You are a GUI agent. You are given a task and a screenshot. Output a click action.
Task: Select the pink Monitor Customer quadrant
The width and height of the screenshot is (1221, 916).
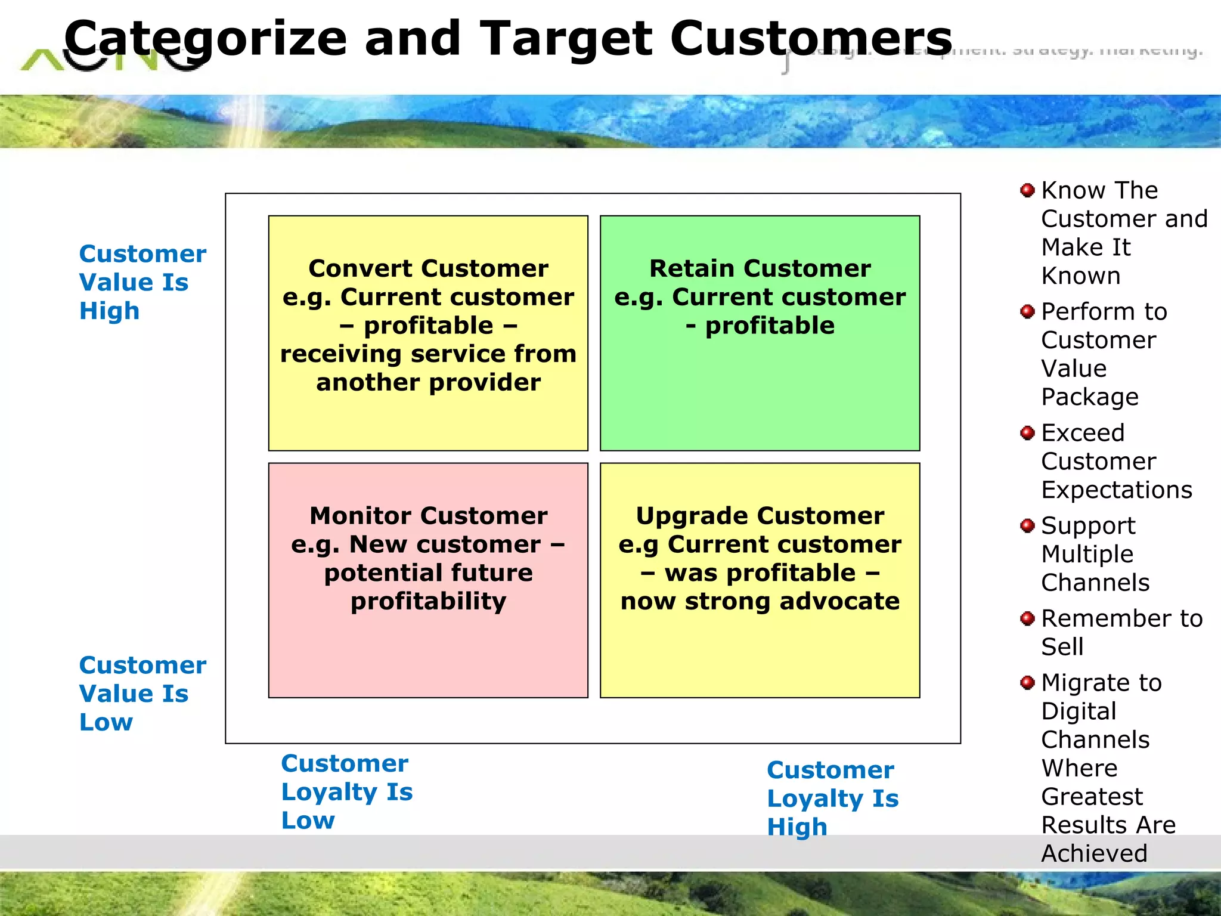point(428,650)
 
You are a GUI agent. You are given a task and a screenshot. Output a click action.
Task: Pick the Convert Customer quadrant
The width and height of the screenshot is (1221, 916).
point(428,417)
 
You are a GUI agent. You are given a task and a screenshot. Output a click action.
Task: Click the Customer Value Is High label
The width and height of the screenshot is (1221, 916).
point(142,282)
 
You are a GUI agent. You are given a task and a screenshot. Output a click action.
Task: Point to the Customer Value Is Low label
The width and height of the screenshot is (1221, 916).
point(142,694)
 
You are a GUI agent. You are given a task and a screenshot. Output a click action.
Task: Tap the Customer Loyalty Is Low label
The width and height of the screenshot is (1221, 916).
point(346,791)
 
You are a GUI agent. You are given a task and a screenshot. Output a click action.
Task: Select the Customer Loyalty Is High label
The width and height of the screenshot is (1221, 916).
point(832,798)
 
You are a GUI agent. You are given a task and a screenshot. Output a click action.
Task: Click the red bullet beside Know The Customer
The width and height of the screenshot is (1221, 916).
point(1027,190)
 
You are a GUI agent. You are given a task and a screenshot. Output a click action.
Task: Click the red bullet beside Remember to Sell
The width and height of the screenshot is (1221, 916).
point(1027,618)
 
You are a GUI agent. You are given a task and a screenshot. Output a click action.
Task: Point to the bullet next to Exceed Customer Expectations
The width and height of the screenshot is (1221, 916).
point(1027,432)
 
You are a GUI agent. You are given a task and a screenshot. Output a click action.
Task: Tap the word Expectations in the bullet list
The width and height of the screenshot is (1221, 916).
point(1116,490)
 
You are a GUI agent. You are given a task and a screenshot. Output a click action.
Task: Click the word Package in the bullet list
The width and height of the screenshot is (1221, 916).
point(1089,397)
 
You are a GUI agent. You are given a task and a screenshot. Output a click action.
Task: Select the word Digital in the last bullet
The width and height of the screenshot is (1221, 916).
point(1079,711)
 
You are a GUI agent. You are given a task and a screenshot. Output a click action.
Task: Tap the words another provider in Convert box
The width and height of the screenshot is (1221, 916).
point(428,382)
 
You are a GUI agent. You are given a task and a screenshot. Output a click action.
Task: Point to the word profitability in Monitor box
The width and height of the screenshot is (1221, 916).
point(428,601)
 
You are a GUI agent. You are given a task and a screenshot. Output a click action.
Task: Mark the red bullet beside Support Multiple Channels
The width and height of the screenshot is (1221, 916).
point(1027,525)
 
